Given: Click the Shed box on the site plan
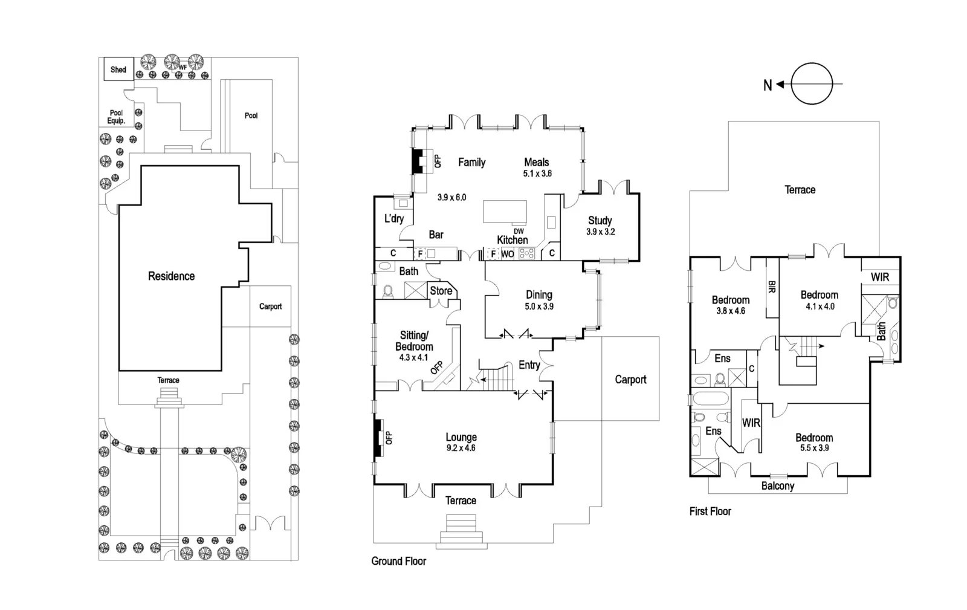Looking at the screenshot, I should (x=118, y=69).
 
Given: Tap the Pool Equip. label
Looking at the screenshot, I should (x=116, y=117).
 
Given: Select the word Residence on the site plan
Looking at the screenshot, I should (x=171, y=276).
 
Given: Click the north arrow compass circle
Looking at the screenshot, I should (x=812, y=84).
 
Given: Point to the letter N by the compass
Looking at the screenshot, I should (x=768, y=85).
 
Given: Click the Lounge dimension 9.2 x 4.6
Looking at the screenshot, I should (x=461, y=448).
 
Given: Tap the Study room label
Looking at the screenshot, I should (x=600, y=221).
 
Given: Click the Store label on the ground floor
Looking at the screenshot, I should (x=441, y=291).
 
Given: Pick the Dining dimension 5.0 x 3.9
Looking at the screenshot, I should (x=538, y=307).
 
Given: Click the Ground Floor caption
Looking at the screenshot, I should (x=398, y=561).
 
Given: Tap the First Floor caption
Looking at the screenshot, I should (x=710, y=511).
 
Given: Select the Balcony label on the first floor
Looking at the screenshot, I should (x=777, y=486).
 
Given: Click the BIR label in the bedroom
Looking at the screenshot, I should (x=772, y=287).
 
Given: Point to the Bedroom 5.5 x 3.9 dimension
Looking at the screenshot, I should (x=814, y=449).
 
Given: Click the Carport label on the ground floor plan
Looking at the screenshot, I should (x=630, y=380).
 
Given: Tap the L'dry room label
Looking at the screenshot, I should (x=393, y=218).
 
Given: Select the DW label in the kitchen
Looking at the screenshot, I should (x=519, y=231).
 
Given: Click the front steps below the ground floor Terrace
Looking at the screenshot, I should (x=463, y=531).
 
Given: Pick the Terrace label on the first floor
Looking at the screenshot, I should (x=800, y=190).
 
